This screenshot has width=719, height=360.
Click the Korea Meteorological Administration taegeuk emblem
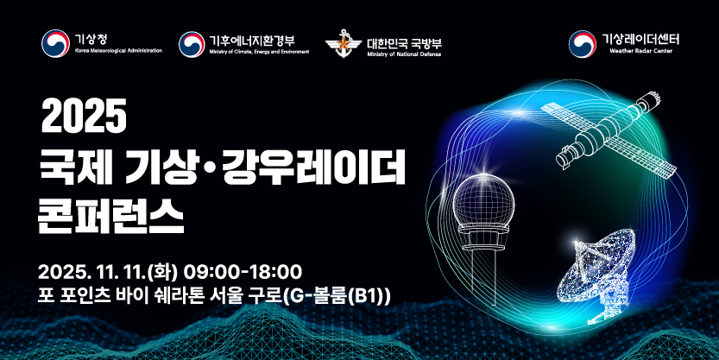(x=55, y=43)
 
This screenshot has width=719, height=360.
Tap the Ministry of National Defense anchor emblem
(x=343, y=44)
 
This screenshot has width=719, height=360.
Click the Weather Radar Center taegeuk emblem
(x=583, y=44)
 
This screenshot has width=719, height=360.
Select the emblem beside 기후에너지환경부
(x=192, y=44)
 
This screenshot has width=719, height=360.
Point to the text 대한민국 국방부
(x=404, y=43)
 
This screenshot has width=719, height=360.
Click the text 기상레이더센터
(x=640, y=39)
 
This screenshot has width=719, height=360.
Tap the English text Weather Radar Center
(x=640, y=51)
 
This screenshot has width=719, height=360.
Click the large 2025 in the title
(x=84, y=117)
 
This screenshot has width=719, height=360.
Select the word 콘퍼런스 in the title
(x=111, y=218)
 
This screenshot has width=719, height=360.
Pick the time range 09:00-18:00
(x=243, y=272)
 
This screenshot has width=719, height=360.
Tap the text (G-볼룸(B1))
(x=336, y=295)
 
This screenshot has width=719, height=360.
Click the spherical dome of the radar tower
(x=483, y=199)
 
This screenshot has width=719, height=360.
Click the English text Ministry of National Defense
(x=404, y=54)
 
